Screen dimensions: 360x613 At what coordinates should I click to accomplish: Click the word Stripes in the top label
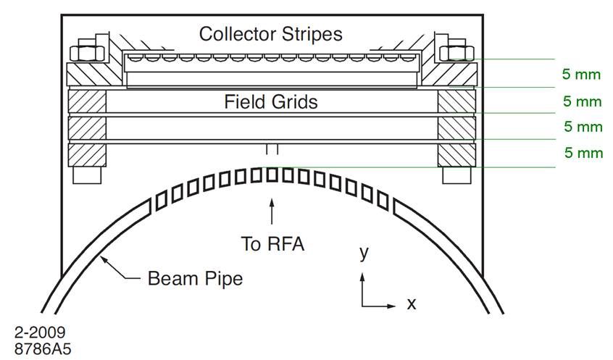[307, 33]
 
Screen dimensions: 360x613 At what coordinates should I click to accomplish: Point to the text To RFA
[272, 244]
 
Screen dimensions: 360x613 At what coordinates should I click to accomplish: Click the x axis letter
[411, 304]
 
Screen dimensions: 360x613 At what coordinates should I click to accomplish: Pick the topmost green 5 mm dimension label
[582, 73]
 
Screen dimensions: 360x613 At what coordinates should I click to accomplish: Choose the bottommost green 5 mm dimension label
[583, 153]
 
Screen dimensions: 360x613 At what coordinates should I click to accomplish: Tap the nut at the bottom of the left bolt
[87, 176]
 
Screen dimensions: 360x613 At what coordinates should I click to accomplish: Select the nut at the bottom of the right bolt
[456, 176]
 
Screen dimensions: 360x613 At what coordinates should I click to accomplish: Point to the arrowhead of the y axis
[364, 276]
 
